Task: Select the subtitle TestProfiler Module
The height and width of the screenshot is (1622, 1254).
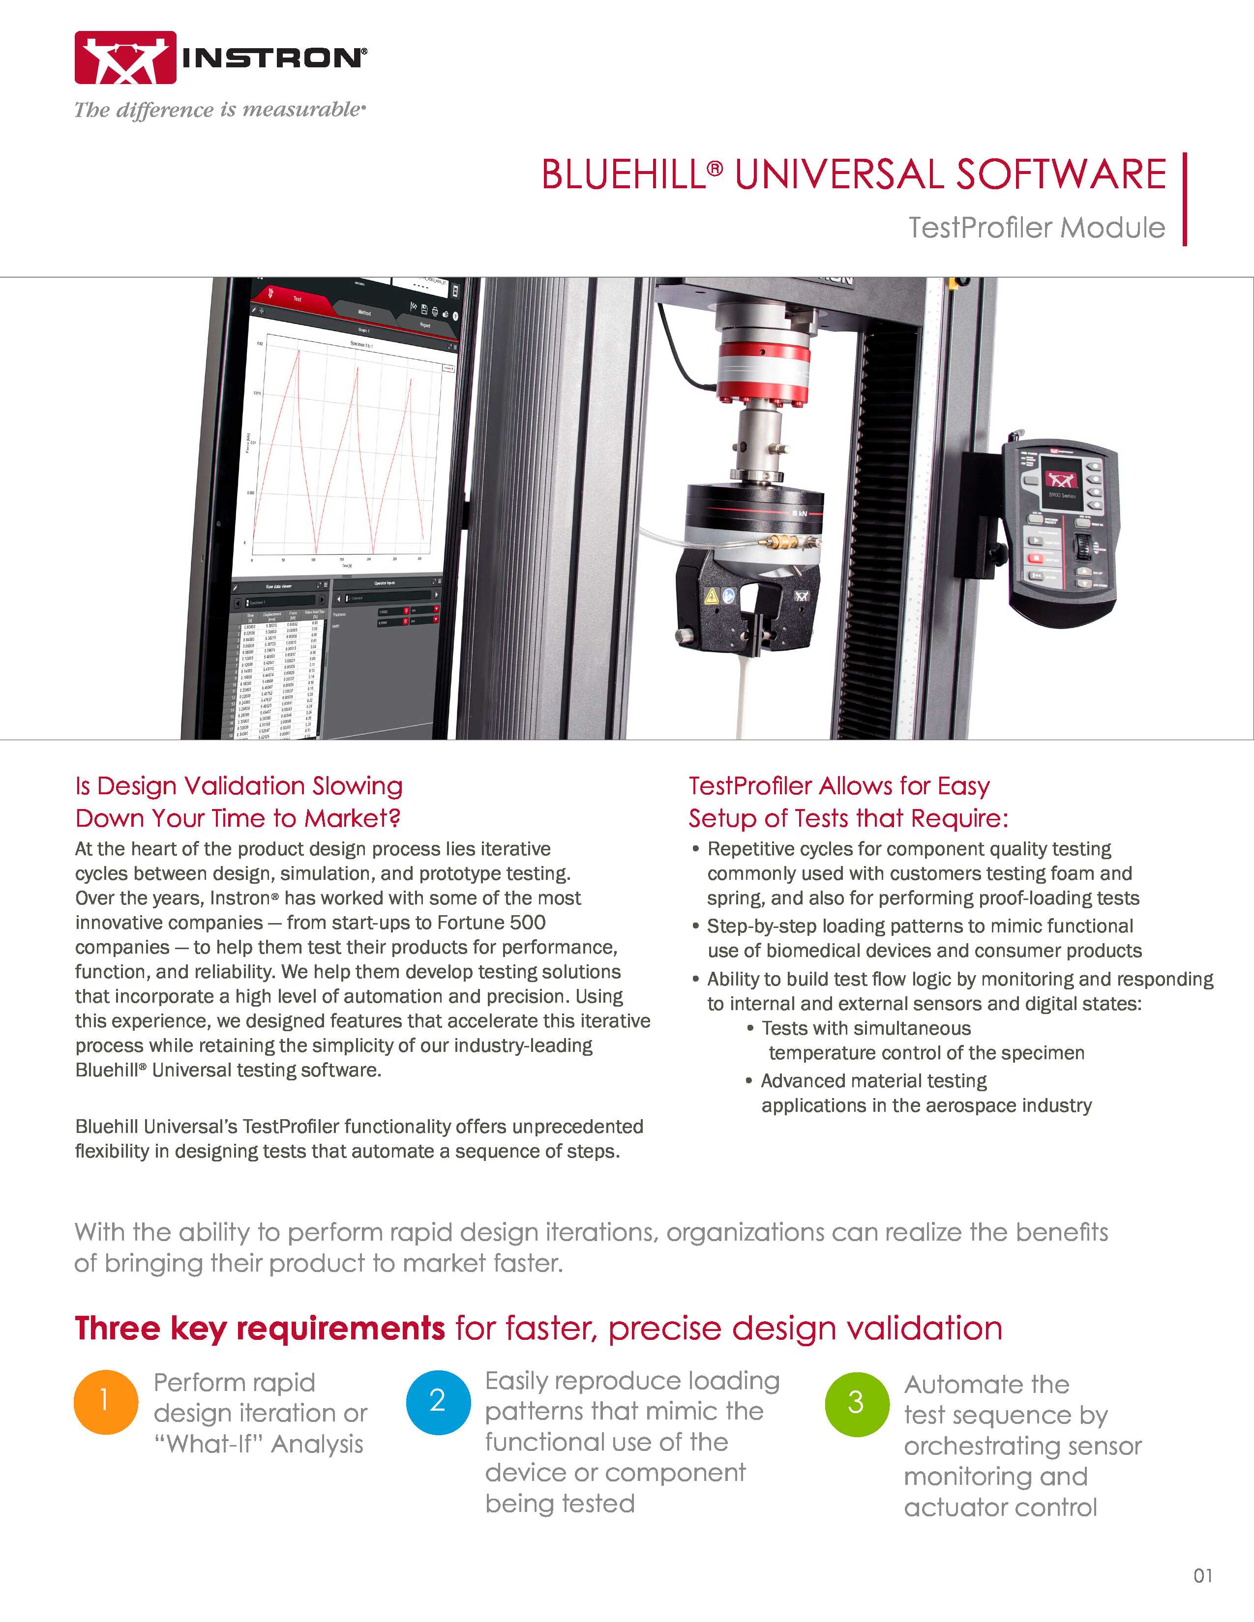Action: [1036, 227]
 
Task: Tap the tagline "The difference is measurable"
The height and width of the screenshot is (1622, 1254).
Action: [219, 110]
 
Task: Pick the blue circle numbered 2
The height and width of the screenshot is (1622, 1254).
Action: [438, 1401]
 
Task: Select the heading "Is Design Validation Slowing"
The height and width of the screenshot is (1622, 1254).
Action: [239, 786]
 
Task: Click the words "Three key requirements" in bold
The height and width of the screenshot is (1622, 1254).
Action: [259, 1329]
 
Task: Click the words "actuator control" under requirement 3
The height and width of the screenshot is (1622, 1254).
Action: [1000, 1507]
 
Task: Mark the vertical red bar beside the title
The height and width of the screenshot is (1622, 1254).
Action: [1184, 199]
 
